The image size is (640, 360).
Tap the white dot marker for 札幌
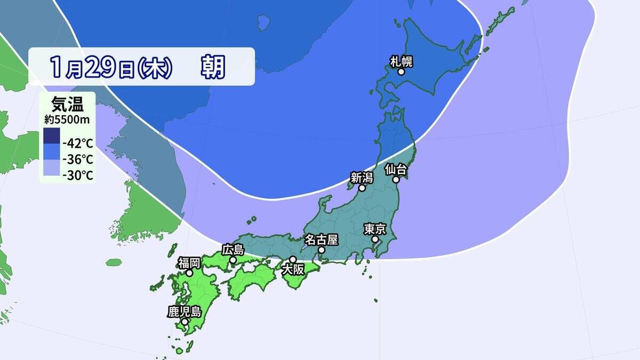tap(401, 71)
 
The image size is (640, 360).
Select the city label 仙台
tap(396, 170)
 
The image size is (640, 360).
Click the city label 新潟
tap(361, 178)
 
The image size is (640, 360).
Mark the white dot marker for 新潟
tap(362, 188)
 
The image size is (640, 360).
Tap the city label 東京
tap(375, 229)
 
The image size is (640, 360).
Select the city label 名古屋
tap(322, 239)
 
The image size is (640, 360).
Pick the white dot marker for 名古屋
tap(322, 250)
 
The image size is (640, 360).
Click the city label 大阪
tap(293, 269)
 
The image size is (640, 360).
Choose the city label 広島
tap(233, 249)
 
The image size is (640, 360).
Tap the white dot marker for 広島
tap(233, 260)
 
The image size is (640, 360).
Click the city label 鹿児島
tap(184, 311)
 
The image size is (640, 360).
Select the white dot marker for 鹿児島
tap(184, 322)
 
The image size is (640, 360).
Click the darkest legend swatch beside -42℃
tap(52, 136)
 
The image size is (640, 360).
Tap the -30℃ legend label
tap(78, 175)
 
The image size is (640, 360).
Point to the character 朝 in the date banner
tap(213, 67)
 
